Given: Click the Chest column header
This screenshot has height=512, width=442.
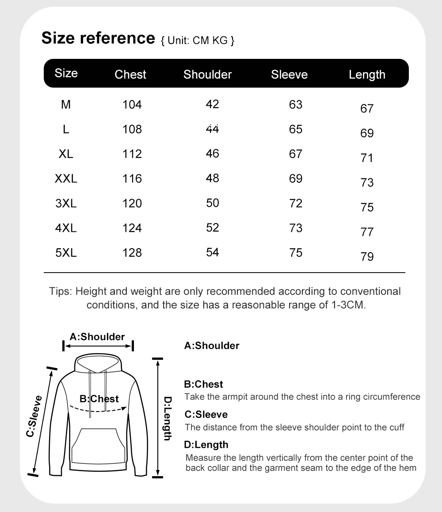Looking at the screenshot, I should (x=130, y=74).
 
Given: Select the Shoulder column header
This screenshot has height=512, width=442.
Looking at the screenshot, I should (x=207, y=74).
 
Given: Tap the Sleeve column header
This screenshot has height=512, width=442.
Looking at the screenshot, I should (x=289, y=74).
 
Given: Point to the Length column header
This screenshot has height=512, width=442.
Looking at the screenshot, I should (x=367, y=75).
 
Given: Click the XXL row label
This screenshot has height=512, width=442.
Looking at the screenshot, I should (x=66, y=179).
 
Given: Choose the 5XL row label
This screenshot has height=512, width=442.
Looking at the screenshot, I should (x=66, y=253).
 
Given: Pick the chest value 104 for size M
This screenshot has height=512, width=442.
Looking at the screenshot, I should (x=132, y=104).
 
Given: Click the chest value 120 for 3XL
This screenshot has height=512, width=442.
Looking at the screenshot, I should (x=132, y=204).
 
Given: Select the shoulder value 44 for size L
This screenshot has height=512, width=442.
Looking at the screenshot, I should (x=213, y=129).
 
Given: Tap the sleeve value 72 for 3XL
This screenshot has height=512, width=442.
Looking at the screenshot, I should (x=295, y=203).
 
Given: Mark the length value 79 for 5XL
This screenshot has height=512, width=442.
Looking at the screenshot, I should (x=367, y=257).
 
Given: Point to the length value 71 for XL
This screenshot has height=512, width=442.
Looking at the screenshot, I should (x=367, y=158).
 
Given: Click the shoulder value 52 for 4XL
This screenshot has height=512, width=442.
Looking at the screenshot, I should (x=213, y=227).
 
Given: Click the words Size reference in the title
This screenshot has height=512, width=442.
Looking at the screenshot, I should (x=97, y=38).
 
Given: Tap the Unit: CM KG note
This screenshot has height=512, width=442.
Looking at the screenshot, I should (x=197, y=41).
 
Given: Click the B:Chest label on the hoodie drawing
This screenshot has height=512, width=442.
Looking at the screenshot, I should (x=99, y=399).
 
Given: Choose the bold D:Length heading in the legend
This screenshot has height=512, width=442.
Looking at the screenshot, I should (x=206, y=445).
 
